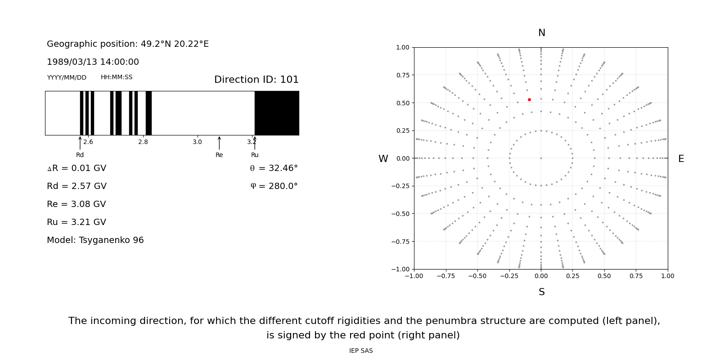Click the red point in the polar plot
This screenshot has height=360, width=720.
(529, 99)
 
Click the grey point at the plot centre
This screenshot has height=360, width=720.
(541, 158)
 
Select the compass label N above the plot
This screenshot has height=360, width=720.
(541, 33)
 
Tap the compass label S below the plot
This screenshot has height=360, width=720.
(541, 292)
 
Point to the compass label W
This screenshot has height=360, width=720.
(383, 159)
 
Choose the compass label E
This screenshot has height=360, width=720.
(681, 159)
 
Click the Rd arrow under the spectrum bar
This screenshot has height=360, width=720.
(80, 143)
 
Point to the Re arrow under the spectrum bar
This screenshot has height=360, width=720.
(219, 143)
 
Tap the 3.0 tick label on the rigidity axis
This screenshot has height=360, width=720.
(197, 142)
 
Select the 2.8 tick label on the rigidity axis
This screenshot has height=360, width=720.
(143, 142)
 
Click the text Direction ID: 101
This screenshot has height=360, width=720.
(256, 80)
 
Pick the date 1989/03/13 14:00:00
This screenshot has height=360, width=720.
(93, 62)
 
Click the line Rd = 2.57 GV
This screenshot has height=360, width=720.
(76, 186)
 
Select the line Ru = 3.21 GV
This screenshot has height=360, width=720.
(76, 222)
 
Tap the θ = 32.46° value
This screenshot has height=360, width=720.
(274, 168)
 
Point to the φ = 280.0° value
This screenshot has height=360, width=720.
(274, 186)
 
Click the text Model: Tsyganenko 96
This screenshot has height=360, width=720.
(95, 240)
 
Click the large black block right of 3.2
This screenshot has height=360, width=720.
(277, 113)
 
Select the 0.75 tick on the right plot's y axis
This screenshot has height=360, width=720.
(403, 75)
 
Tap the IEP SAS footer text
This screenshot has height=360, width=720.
(361, 351)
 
